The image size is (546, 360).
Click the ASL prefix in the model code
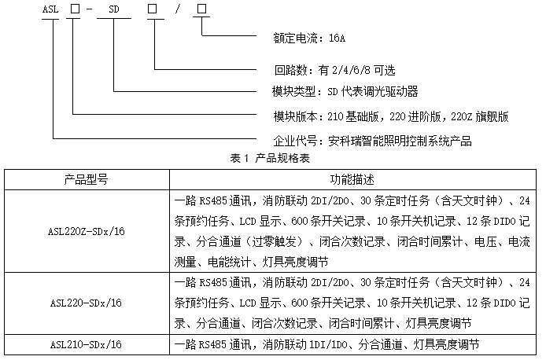50,9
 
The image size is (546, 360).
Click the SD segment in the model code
114,9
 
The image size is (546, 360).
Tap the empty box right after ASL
75,9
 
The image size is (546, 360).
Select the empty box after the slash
201,9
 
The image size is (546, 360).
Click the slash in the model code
178,9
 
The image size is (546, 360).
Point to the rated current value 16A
337,38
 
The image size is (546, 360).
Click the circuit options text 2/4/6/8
351,70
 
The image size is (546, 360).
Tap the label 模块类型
294,91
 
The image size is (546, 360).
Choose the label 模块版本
295,116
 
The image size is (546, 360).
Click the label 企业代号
295,141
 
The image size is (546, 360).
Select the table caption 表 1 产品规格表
270,158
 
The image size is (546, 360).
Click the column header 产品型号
86,180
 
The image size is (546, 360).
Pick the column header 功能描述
352,180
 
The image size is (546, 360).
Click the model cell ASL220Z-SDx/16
86,231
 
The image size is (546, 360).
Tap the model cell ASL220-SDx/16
86,303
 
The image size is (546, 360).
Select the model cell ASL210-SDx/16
86,345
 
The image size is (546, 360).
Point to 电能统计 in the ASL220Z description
229,262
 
